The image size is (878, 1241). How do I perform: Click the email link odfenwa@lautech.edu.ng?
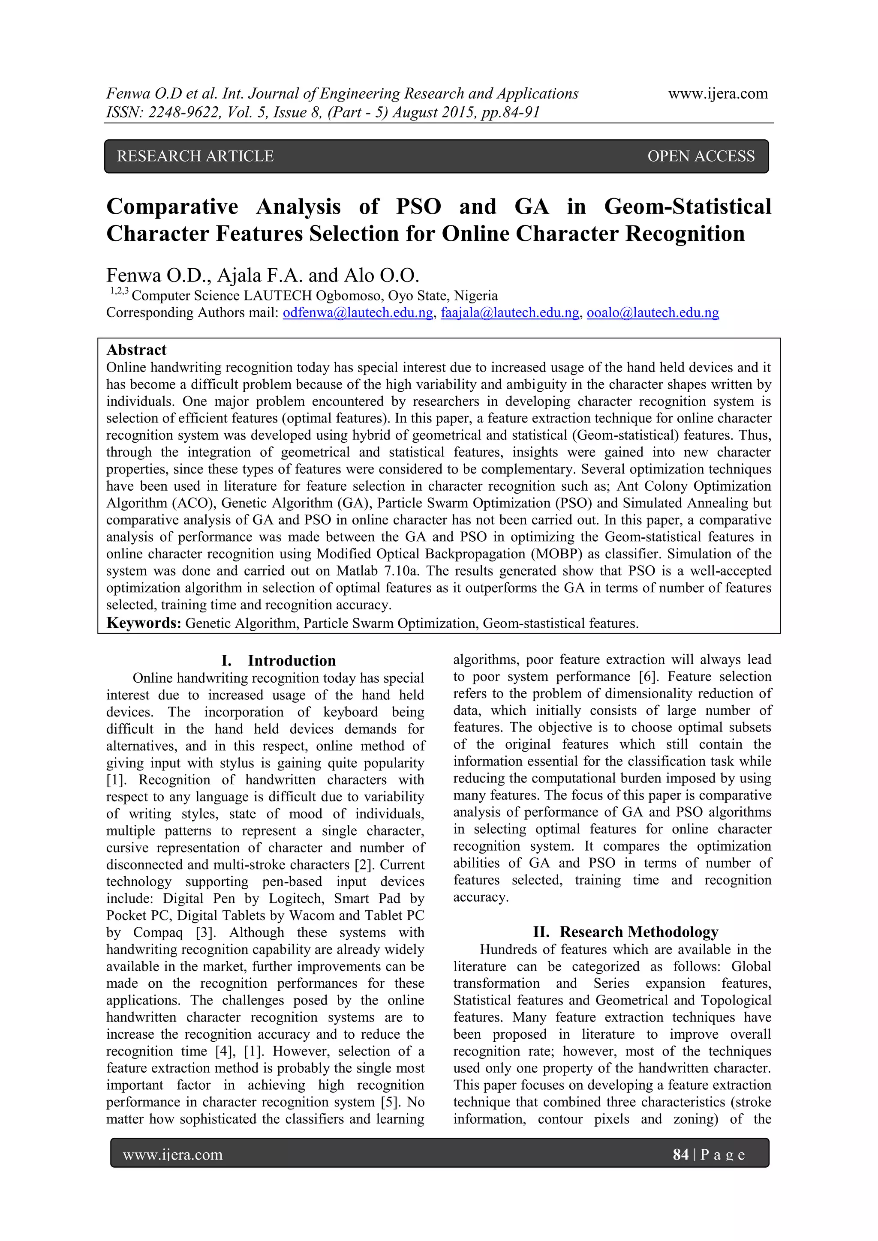(x=358, y=312)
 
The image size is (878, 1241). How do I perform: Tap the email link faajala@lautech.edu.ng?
(x=510, y=312)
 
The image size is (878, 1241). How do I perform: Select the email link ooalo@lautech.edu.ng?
(x=652, y=312)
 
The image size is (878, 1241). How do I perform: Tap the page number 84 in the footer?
(x=680, y=1154)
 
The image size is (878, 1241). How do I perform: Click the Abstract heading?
(x=136, y=350)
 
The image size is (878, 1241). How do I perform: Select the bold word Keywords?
(x=144, y=623)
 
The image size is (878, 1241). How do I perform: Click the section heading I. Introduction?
(x=278, y=660)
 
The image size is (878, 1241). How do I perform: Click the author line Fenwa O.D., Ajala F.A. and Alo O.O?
(x=263, y=275)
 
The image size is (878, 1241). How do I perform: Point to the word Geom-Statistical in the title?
(x=687, y=207)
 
